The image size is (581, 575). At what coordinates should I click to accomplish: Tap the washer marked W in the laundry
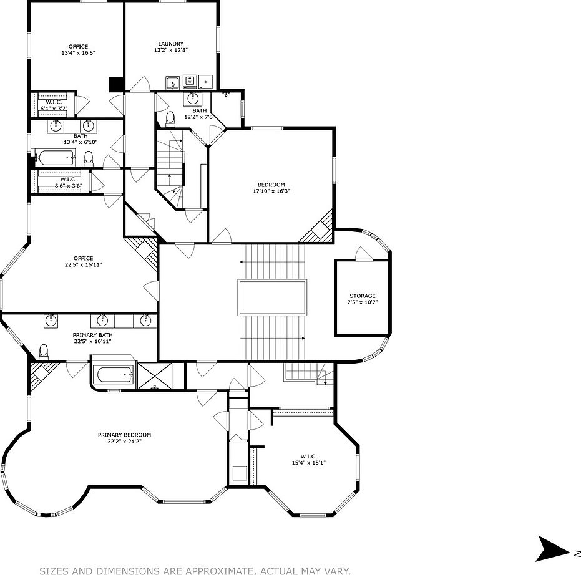pos(190,80)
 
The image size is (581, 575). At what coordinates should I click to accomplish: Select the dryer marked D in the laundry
pos(206,80)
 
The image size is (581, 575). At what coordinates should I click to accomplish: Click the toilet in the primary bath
pos(44,352)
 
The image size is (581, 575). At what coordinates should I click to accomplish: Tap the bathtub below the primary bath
pos(114,375)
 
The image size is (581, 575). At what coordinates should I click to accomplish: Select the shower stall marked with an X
pos(155,376)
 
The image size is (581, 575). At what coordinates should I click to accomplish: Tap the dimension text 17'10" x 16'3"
pos(271,191)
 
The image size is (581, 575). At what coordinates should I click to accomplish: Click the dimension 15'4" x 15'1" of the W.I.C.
pos(309,463)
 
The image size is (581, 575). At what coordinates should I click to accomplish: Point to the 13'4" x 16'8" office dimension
pos(79,53)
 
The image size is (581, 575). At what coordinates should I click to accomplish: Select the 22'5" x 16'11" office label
pos(83,264)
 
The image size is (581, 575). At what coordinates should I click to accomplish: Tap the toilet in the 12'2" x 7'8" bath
pos(170,118)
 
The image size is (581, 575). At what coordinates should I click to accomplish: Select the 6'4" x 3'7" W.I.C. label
pos(54,105)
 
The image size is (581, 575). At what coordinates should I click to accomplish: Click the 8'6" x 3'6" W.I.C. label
pos(68,183)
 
